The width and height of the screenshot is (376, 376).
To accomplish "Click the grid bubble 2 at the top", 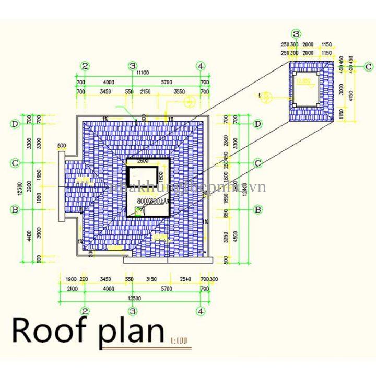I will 86,66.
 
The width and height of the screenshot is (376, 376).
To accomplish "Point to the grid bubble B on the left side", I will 16,209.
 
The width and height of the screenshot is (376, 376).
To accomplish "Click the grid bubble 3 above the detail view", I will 296,34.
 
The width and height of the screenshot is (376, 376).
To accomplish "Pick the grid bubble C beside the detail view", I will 368,66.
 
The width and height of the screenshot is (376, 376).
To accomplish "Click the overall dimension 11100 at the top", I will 142,74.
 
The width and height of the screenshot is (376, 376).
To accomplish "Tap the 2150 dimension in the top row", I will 145,92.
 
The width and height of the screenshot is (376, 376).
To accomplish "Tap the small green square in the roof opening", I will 138,210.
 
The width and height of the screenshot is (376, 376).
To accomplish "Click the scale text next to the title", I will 179,343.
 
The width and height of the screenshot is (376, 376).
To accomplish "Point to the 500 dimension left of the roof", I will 62,145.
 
